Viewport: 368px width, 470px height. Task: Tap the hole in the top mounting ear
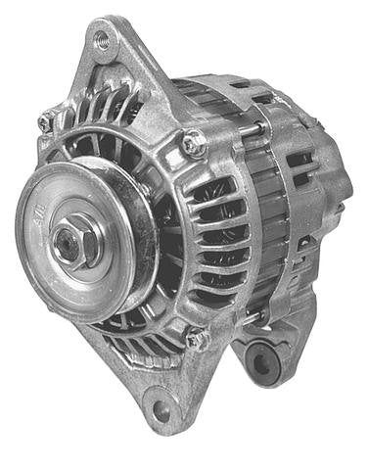101,41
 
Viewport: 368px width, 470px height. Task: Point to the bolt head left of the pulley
46,124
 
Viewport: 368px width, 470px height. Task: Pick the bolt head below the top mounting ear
192,144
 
